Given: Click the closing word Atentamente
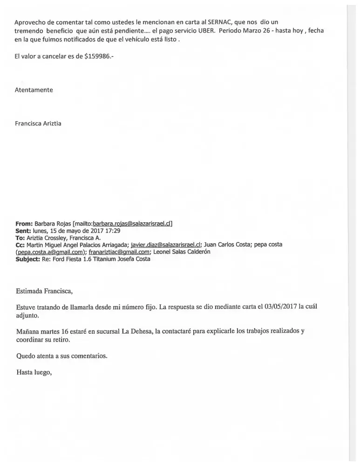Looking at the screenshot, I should click(x=34, y=90).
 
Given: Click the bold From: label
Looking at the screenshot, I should click(x=24, y=224).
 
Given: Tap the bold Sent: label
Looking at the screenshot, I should click(x=23, y=231).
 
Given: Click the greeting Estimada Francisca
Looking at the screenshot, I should click(x=44, y=292).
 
